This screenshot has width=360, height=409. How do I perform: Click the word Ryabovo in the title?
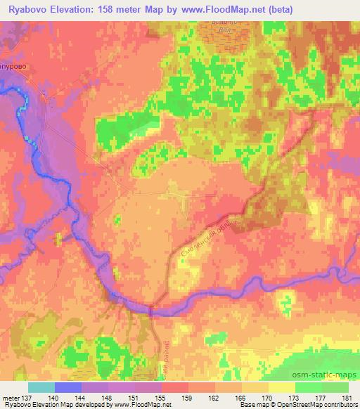(26, 10)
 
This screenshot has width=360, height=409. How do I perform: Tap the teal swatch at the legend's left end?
(41, 387)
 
